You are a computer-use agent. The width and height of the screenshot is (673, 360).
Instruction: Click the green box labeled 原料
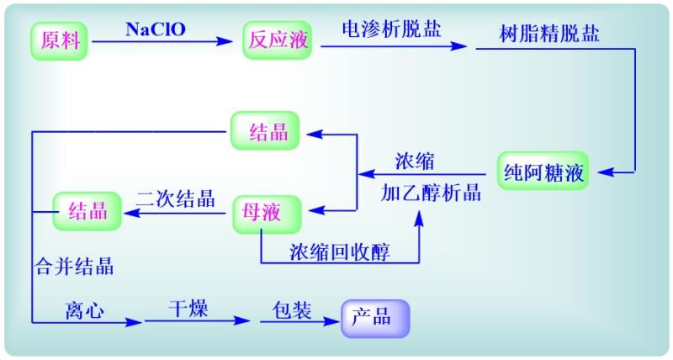coord(60,40)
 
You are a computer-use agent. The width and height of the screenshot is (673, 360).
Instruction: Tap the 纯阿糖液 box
coord(543,173)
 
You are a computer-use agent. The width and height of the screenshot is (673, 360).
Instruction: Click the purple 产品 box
coord(374,319)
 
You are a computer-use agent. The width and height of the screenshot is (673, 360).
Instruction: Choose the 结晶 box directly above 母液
coord(268,132)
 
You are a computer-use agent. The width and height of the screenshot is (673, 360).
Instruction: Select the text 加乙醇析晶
coord(431,193)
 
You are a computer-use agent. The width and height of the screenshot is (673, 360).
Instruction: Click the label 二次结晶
coord(175,199)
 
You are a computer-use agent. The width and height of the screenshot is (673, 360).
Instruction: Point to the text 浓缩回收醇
coord(340,251)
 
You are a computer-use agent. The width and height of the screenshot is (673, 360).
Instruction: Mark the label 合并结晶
coord(74,268)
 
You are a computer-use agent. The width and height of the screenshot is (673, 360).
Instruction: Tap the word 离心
coord(84,310)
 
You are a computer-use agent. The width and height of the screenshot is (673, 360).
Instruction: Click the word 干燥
coord(188,309)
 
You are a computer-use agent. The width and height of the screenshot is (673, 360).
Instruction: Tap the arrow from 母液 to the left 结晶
coord(177,213)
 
